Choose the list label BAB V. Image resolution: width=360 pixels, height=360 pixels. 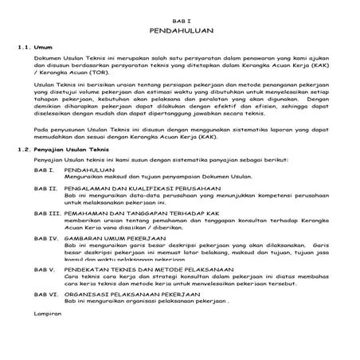[45, 270]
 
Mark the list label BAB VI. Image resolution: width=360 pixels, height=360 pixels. [46, 294]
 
